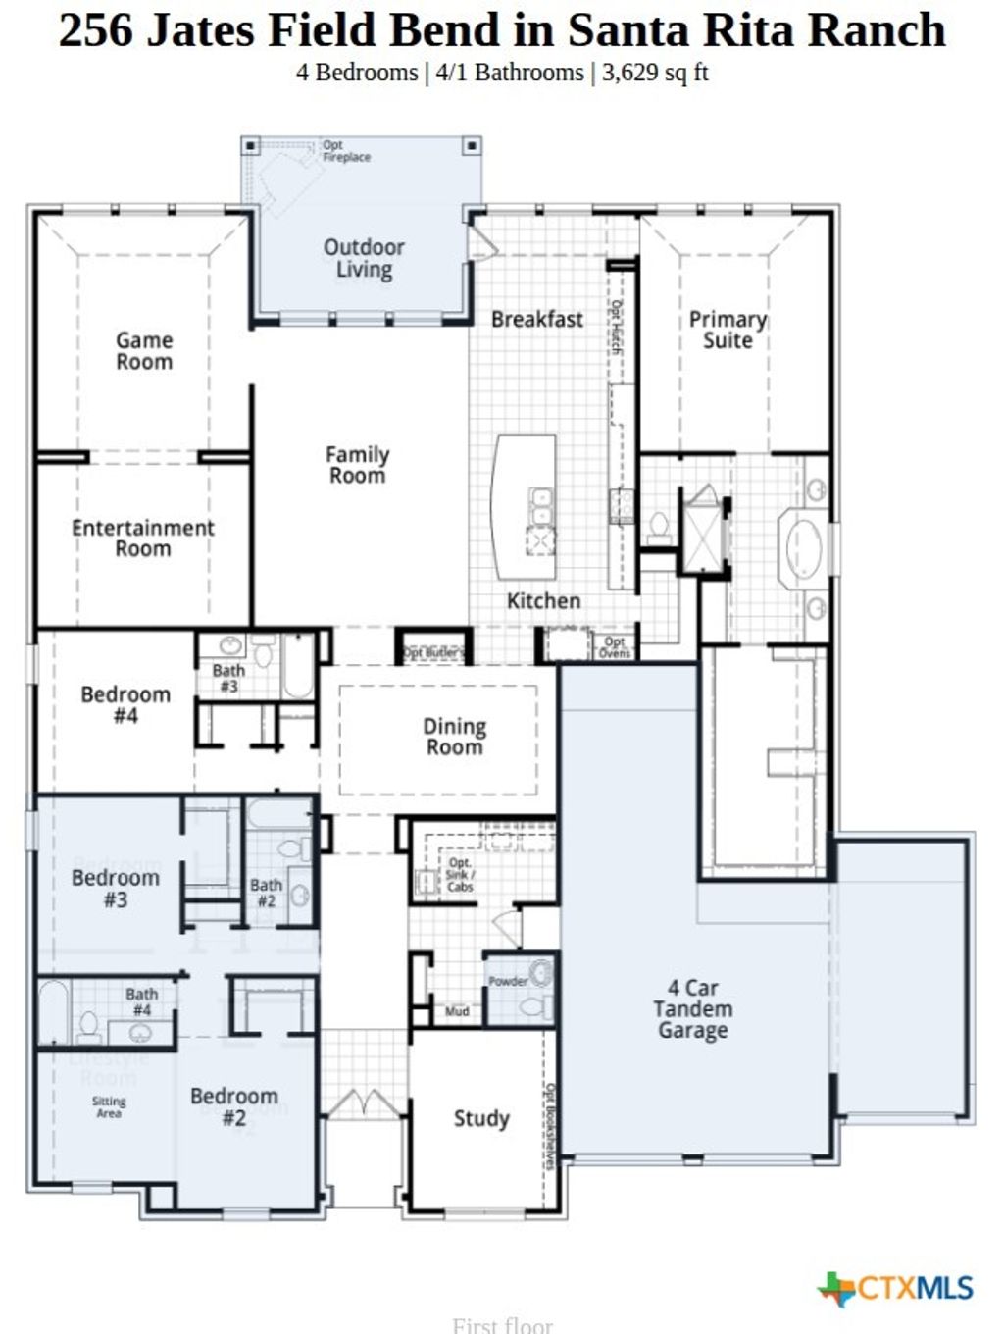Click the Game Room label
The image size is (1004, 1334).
coord(144,351)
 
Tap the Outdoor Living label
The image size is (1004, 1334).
coord(364,259)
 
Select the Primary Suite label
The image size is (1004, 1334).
coord(728,330)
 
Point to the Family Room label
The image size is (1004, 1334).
coord(357,465)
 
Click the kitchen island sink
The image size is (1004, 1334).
coord(540,506)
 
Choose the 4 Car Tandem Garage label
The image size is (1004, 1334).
coord(692,1008)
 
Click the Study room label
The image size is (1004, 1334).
coord(481,1118)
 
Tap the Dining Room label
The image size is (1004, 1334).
coord(454,737)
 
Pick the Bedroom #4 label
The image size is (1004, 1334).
coord(125,704)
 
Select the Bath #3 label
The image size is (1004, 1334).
coord(228,678)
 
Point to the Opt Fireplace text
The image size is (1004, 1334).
coord(346,151)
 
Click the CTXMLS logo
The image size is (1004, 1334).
coord(896,1288)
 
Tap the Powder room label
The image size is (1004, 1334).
coord(508,980)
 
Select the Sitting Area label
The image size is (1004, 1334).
coord(109,1107)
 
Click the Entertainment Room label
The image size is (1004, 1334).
coord(143,538)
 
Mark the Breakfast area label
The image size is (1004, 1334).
coord(536,319)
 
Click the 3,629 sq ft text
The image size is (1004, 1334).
coord(654,73)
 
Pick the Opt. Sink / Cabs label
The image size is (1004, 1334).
coord(460,875)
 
